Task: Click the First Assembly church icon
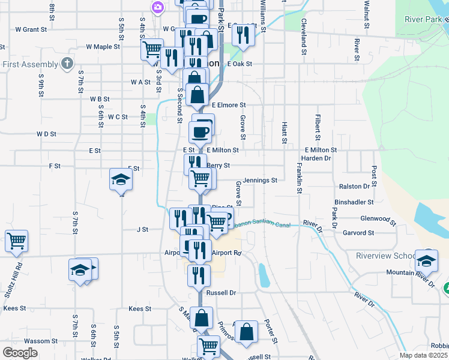point(67,64)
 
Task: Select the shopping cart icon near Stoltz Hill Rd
point(16,241)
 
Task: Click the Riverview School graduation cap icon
point(427,260)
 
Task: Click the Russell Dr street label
point(221,293)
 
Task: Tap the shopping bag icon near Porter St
point(246,331)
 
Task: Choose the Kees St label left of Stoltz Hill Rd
point(14,308)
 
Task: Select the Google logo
point(20,353)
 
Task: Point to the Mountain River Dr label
point(409,272)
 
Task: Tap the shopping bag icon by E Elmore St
point(197,94)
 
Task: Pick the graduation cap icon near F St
point(121,179)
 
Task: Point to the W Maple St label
point(103,46)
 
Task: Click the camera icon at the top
point(157,7)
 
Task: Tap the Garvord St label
point(358,233)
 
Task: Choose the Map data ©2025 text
point(423,355)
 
